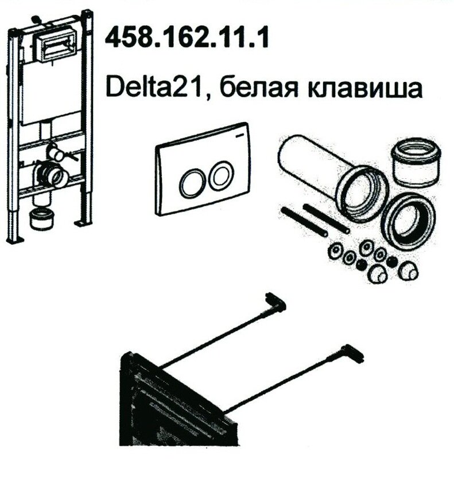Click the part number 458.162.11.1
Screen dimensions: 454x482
click(x=187, y=37)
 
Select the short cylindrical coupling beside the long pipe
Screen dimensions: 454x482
click(x=416, y=162)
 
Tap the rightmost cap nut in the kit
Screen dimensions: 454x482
click(x=408, y=271)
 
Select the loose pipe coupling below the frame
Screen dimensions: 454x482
click(x=42, y=219)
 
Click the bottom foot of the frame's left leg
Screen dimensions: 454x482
click(x=15, y=240)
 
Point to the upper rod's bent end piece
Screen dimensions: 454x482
click(x=275, y=302)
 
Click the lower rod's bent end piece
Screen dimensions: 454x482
click(x=353, y=354)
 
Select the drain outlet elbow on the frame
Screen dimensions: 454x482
click(x=52, y=175)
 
